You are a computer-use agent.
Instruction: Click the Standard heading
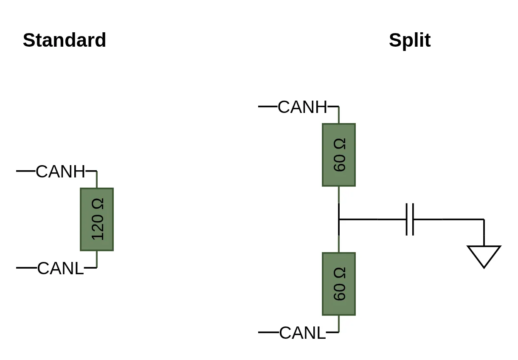(64, 40)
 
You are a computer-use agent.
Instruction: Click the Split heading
(409, 40)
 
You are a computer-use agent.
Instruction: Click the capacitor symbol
(410, 219)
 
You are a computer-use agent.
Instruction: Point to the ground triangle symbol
(484, 255)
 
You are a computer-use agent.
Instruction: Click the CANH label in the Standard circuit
(60, 172)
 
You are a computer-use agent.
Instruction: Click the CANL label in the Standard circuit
(60, 268)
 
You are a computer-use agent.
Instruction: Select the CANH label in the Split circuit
(302, 107)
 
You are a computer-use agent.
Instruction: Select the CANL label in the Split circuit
(302, 333)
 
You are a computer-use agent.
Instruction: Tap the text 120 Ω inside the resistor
(98, 219)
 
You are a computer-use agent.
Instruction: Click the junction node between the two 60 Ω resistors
(339, 219)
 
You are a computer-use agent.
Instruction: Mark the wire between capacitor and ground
(450, 219)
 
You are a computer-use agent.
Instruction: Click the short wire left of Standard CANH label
(25, 171)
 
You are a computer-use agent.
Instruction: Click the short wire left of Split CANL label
(268, 332)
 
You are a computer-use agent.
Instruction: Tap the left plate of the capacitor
(407, 219)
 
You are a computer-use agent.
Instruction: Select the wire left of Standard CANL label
(26, 268)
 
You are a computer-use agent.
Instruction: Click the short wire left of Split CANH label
(267, 106)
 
